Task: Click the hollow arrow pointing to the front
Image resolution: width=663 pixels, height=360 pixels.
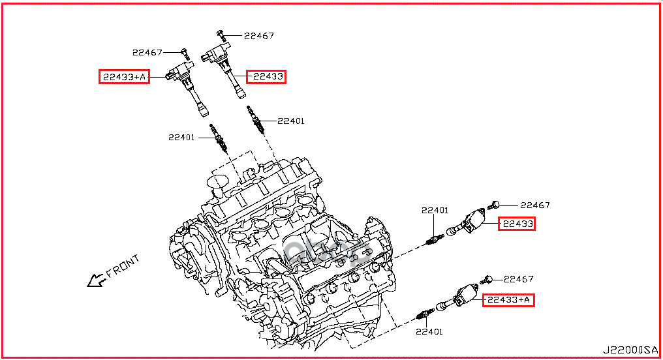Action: (96, 280)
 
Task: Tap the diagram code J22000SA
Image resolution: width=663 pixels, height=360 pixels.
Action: (630, 350)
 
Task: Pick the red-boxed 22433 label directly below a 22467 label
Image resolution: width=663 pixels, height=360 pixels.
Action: (517, 224)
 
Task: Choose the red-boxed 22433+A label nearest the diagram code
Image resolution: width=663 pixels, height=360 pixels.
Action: (508, 300)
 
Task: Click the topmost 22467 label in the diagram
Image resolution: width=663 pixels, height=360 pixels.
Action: (259, 36)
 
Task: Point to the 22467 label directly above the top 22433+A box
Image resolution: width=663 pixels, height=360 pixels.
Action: (147, 52)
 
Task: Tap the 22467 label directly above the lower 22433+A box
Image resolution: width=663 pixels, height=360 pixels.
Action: (519, 278)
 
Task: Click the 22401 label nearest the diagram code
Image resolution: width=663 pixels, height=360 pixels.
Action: (428, 331)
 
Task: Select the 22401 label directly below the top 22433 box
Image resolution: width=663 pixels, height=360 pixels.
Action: (290, 121)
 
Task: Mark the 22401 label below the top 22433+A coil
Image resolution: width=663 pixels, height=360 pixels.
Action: (183, 137)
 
